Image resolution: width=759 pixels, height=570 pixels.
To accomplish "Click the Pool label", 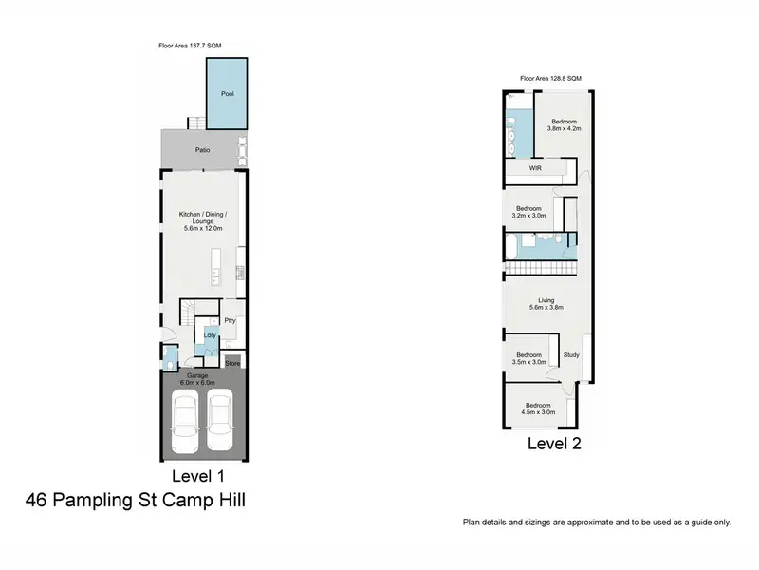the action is pos(228,93).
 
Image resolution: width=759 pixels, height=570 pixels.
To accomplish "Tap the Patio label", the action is pos(202,150).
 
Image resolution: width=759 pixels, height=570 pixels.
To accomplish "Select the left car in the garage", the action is pos(185,422).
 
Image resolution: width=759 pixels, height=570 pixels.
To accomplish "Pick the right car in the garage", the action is pos(220,421).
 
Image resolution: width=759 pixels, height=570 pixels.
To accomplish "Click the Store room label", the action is pos(232,364).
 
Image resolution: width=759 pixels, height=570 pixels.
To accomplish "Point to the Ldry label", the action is pos(210,335).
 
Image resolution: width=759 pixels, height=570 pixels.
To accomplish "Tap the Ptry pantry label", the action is pos(230,320).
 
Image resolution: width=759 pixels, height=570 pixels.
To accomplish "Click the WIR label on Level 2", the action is pos(535,168).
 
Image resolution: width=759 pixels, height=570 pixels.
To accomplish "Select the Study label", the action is pos(571,355).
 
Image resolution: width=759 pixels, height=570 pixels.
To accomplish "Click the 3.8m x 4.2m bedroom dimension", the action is pos(564,129).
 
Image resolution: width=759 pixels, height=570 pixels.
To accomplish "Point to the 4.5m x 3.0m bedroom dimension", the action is pos(538,412).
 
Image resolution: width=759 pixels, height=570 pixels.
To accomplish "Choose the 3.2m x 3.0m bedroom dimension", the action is pos(528,216).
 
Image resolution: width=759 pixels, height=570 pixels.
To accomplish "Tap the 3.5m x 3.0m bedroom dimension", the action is pos(528,362).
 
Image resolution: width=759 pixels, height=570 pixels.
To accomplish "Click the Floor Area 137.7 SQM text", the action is pos(190,46).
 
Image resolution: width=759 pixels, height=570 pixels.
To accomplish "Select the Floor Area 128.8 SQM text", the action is pos(551,78).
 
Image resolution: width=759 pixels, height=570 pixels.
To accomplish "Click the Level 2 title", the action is pos(554,444).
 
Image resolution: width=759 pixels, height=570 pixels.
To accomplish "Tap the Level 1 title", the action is pos(198,476).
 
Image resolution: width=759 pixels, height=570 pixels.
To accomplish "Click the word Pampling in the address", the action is pos(91,501).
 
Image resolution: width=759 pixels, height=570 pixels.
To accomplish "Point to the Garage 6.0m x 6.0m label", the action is pos(197,379).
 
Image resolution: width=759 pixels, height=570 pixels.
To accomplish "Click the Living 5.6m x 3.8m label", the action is pos(546,304).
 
